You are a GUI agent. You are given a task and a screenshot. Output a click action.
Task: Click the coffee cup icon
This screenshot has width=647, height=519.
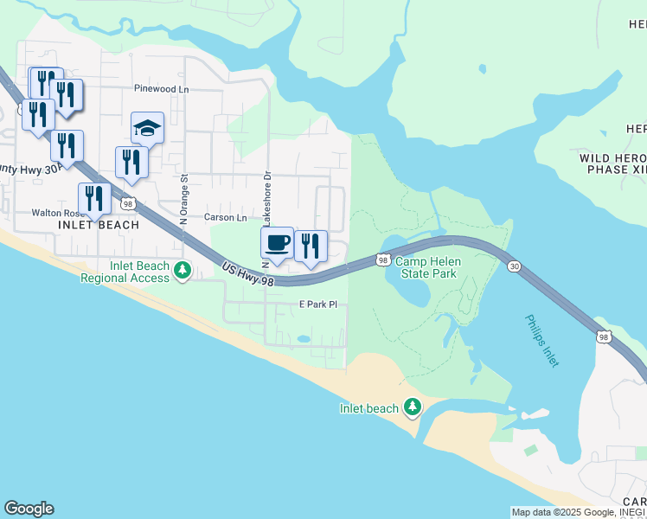277,243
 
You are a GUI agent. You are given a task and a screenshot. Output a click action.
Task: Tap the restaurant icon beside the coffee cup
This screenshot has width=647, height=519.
311,247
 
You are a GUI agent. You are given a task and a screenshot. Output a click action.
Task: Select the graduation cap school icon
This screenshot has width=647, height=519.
147,129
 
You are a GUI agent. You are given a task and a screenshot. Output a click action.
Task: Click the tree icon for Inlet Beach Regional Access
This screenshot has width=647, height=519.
182,272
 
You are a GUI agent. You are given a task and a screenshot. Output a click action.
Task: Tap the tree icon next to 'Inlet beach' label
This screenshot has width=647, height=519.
413,407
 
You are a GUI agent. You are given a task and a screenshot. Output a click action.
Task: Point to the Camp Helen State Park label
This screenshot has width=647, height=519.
425,266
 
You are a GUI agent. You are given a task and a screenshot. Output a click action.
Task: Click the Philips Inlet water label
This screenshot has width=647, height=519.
542,341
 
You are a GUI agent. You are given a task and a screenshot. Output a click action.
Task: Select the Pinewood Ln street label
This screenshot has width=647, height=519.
161,89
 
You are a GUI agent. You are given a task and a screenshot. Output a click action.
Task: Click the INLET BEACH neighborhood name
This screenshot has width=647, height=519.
98,225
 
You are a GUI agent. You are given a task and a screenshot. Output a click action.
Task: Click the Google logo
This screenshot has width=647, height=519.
29,509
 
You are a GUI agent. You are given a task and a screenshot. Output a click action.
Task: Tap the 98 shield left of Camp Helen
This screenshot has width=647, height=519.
382,259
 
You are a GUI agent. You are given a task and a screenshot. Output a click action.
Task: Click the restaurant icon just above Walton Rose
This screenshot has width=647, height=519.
94,199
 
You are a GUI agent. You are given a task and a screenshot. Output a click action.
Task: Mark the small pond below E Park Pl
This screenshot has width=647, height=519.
303,338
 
